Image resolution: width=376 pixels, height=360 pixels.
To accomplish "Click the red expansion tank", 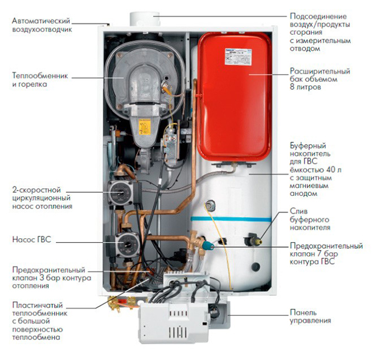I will (235, 88).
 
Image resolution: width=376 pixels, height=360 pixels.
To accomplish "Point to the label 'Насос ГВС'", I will (32, 241).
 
